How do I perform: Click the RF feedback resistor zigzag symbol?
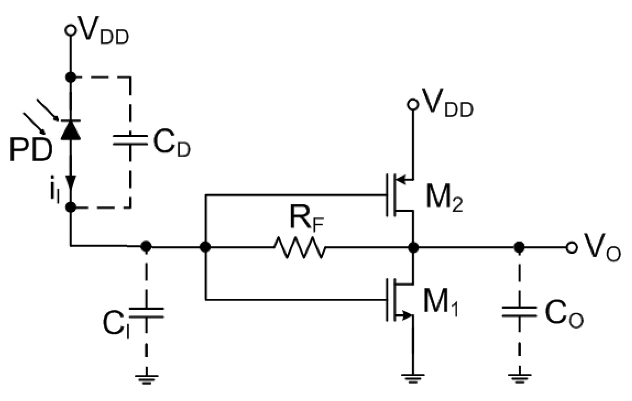[300, 247]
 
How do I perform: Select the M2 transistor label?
[444, 199]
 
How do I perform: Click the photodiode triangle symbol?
[71, 131]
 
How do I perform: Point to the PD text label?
[30, 151]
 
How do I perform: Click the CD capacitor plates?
[130, 140]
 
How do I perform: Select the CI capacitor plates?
[146, 313]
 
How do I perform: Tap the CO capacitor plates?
[520, 312]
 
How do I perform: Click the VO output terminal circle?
[571, 247]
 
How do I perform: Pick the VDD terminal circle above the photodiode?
[71, 30]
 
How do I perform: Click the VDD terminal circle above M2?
[413, 104]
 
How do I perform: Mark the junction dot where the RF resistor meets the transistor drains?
[413, 247]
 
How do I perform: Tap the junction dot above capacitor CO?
[520, 247]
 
